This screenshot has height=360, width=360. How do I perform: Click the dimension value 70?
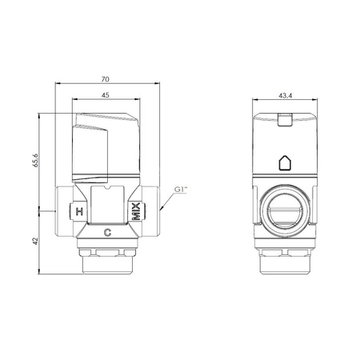(106, 79)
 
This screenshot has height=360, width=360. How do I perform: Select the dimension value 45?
(106, 95)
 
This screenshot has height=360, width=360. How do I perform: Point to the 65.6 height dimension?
(35, 160)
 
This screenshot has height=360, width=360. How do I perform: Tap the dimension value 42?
(35, 241)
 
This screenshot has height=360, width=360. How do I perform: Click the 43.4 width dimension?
(286, 95)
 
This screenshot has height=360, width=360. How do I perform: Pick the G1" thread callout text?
(181, 190)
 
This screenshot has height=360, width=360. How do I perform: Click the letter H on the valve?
(79, 212)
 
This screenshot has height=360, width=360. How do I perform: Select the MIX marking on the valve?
(137, 211)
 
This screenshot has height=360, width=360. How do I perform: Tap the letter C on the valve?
(107, 233)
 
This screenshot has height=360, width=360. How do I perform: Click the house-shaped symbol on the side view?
(285, 163)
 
